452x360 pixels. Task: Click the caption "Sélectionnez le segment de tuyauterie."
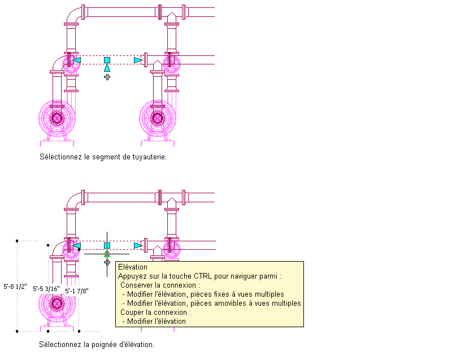tap(103, 157)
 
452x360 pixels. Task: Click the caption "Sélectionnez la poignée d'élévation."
tap(96, 344)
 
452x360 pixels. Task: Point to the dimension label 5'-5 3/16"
tap(47, 288)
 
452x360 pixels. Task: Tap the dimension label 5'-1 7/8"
tap(77, 290)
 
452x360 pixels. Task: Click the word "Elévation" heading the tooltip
tap(133, 267)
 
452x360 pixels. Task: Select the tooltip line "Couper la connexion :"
tap(155, 312)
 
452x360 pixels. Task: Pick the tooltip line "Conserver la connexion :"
tap(160, 285)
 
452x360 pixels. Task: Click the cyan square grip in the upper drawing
tap(107, 60)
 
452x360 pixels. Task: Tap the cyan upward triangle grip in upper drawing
tap(107, 68)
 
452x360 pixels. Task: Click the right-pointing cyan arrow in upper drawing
tap(138, 60)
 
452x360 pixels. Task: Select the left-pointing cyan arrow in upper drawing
tap(77, 60)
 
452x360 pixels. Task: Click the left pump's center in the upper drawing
tap(56, 118)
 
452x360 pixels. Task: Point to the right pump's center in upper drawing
tap(158, 118)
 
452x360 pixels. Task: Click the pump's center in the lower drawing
tap(56, 303)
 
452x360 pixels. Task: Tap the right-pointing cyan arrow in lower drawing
tap(138, 245)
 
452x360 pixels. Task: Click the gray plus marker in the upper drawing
tap(107, 76)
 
